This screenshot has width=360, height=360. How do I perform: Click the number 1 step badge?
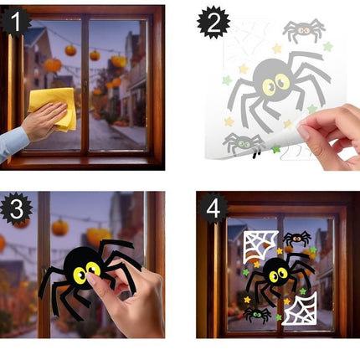(16, 19)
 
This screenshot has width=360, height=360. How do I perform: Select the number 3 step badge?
(16, 208)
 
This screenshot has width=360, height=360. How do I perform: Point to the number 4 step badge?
(213, 208)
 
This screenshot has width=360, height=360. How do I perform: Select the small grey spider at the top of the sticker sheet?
(303, 31)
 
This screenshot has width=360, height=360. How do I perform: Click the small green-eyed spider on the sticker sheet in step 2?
(243, 143)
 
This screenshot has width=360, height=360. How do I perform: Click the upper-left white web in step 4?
(260, 246)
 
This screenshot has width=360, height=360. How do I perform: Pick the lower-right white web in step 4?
(299, 310)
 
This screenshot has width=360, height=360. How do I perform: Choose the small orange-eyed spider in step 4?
(297, 239)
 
